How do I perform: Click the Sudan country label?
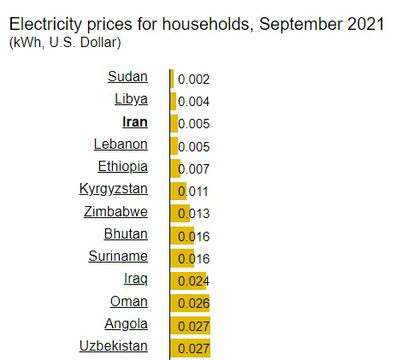(x=127, y=77)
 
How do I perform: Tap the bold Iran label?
(x=135, y=122)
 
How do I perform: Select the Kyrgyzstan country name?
(x=114, y=189)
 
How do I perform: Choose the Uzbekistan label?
(x=114, y=346)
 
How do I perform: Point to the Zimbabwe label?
(x=115, y=212)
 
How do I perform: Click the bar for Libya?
(x=174, y=101)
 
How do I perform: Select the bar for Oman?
(x=190, y=303)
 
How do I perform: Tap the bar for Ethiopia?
(x=175, y=168)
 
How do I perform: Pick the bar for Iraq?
(x=188, y=280)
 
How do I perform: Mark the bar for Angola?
(x=191, y=325)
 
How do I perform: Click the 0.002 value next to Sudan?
(x=194, y=80)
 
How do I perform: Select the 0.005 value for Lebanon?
(x=194, y=147)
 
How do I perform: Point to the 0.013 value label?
(x=194, y=214)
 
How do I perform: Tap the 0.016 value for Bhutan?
(x=194, y=236)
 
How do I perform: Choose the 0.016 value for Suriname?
(x=194, y=259)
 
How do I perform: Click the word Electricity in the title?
(x=45, y=24)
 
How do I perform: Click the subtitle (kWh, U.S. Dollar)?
(x=65, y=43)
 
